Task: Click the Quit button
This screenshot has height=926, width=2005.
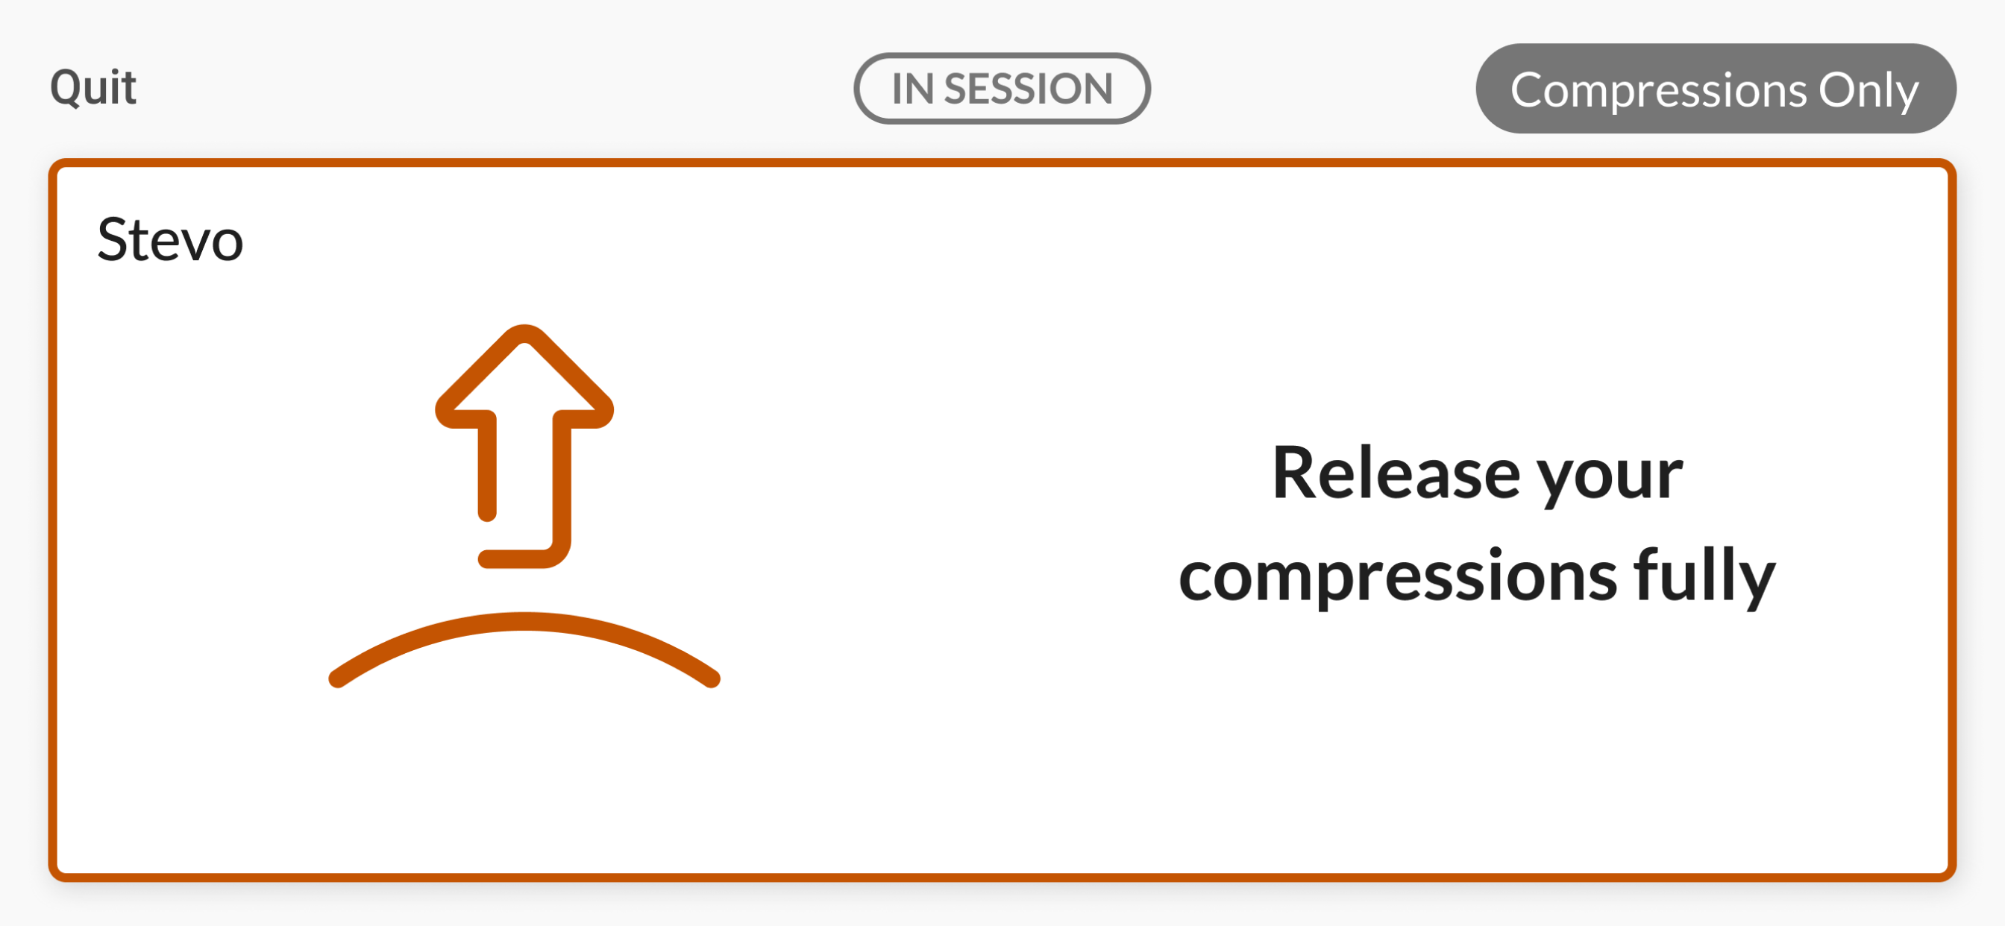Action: point(93,87)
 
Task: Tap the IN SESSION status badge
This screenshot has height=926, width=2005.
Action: point(1002,88)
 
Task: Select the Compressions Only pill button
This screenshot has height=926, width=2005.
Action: point(1716,89)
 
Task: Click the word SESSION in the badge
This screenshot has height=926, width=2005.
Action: point(1028,89)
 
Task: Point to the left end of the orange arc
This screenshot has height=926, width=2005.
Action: point(337,679)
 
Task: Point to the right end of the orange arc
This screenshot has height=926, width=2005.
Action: point(712,679)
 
